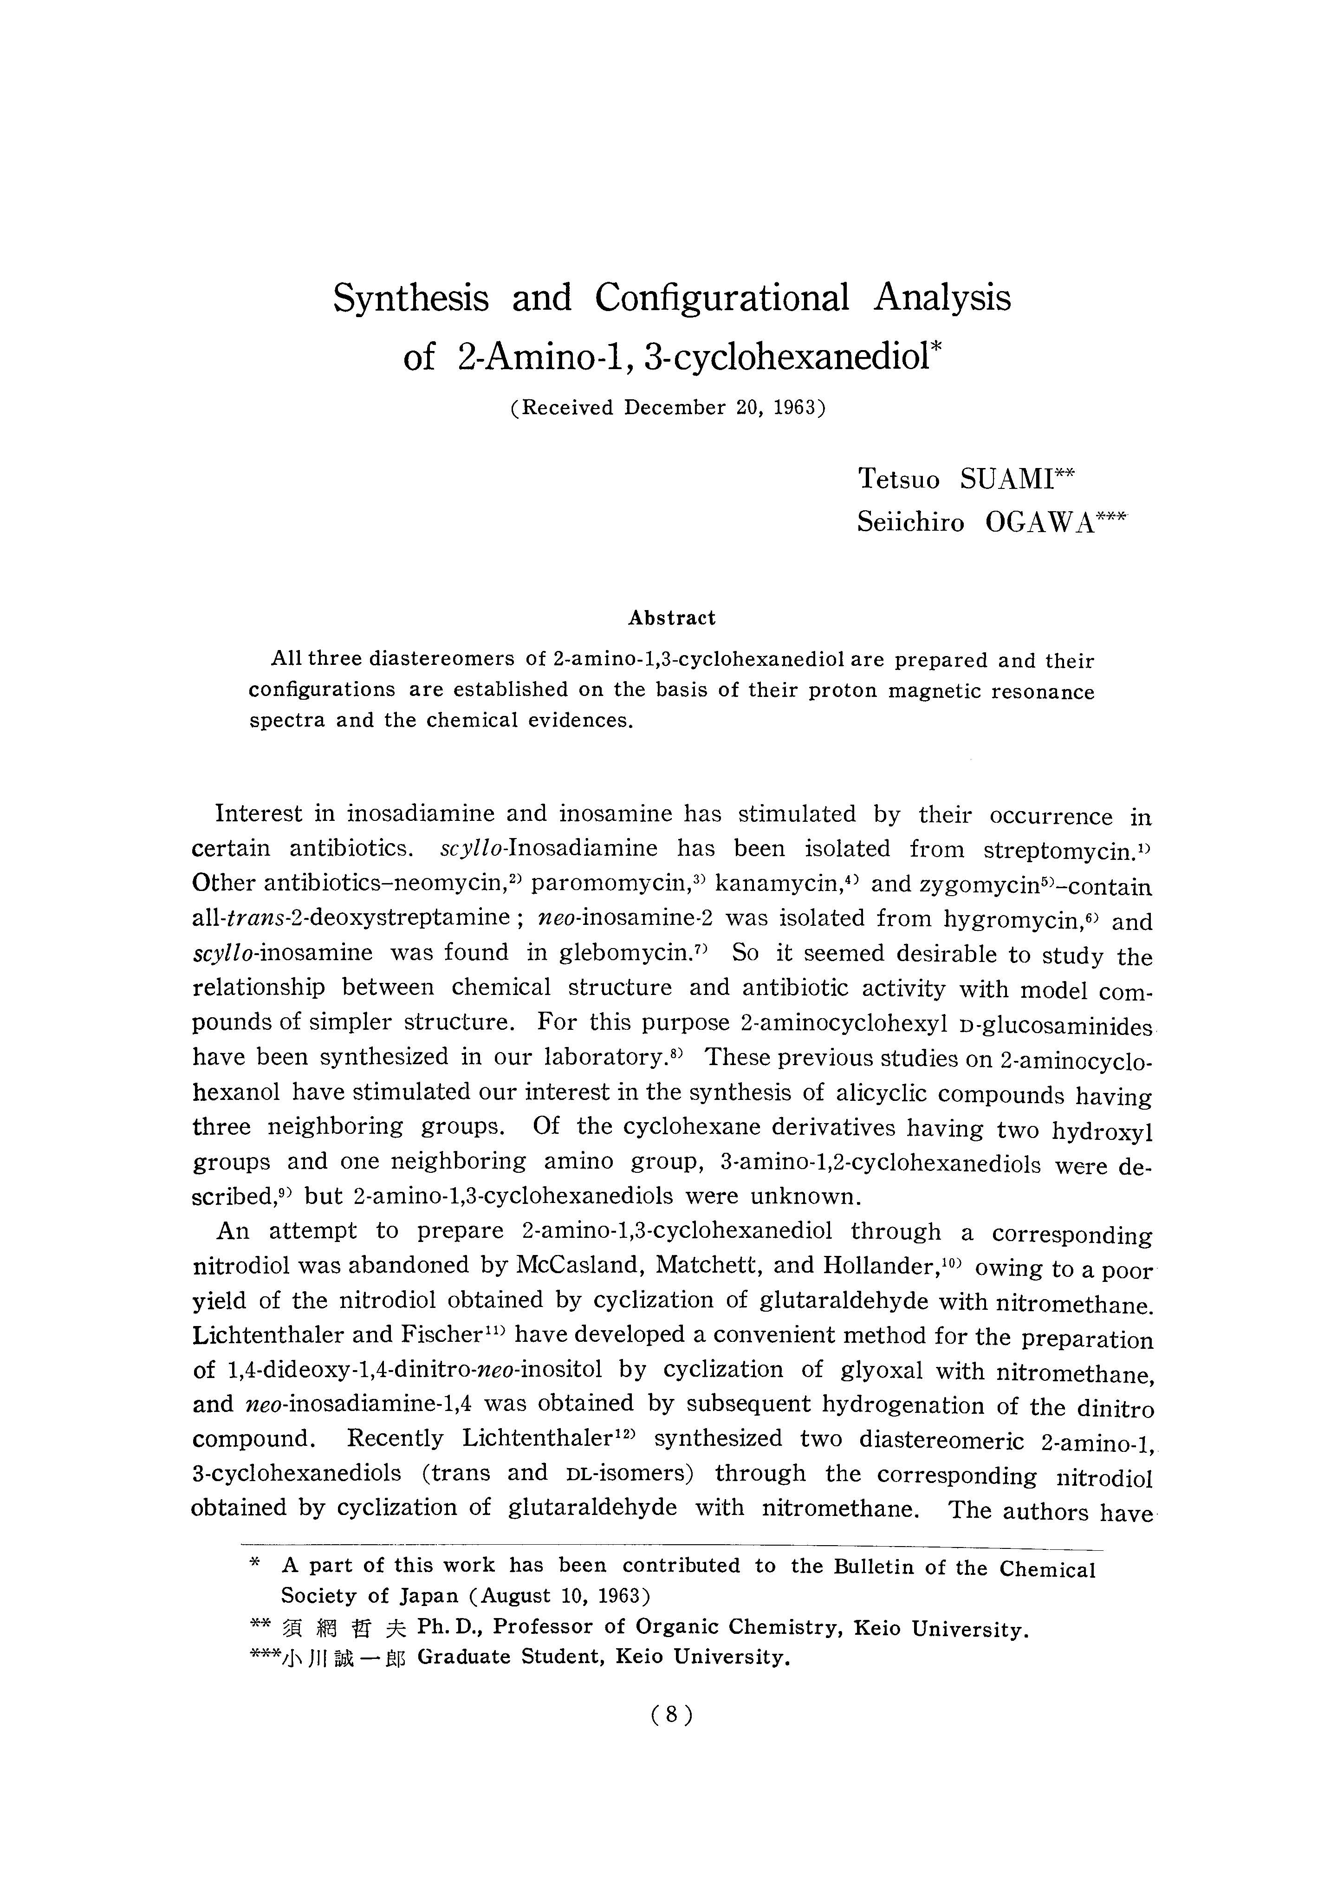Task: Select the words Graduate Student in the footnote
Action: click(x=511, y=1657)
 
